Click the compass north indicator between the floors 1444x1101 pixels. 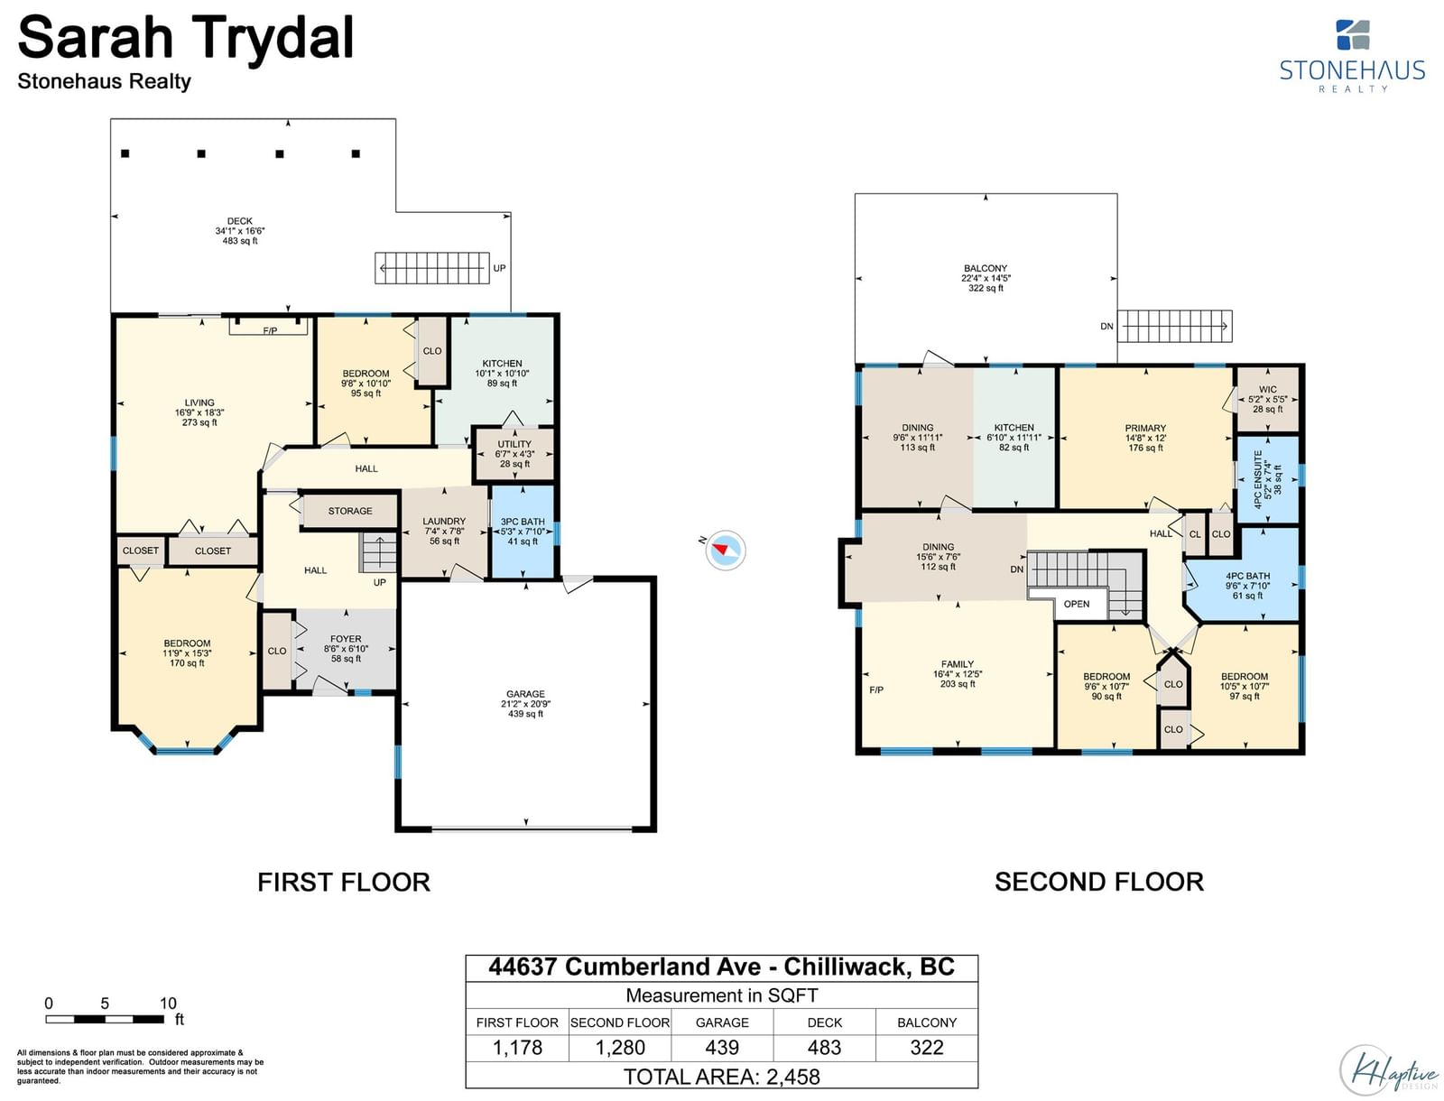[725, 550]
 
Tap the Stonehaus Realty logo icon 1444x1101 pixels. [1353, 35]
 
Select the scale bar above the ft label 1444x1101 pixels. [105, 1019]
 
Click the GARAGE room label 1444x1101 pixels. [525, 694]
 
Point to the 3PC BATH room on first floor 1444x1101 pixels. [523, 532]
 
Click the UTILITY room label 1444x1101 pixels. [514, 444]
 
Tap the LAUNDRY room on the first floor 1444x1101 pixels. [444, 532]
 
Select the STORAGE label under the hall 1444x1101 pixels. [350, 511]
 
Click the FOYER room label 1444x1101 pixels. [346, 639]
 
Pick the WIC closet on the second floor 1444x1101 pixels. [1268, 399]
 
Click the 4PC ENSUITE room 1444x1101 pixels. [1268, 479]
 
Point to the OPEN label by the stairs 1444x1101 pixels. [1077, 604]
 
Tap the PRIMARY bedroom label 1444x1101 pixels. [1144, 428]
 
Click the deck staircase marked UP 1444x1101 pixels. [432, 268]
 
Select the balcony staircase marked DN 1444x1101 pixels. [1174, 326]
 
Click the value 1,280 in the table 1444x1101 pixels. [620, 1047]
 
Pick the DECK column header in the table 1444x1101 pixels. [824, 1022]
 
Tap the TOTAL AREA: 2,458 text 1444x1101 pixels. [722, 1077]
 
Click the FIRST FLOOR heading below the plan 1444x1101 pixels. [344, 882]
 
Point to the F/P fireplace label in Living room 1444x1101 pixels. [270, 331]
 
